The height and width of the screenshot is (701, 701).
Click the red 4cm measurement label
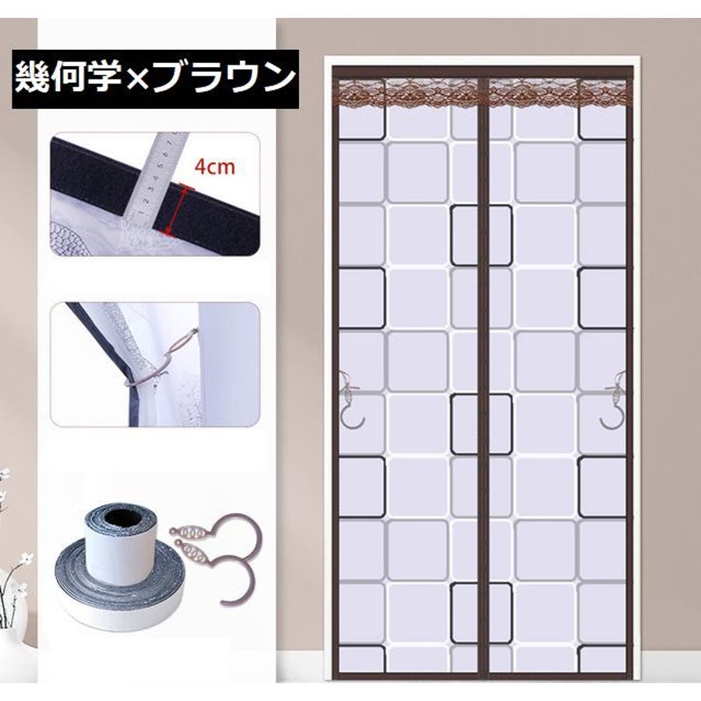tap(215, 167)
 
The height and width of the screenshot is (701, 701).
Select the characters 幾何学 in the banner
tap(69, 78)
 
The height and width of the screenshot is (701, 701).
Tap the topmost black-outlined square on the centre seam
tap(481, 235)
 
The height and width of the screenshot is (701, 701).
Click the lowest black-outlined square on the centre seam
tap(481, 612)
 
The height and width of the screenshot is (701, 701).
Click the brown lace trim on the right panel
tap(557, 93)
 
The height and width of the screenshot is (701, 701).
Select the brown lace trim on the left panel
tap(407, 93)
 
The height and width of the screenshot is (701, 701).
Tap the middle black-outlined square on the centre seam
tap(481, 424)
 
